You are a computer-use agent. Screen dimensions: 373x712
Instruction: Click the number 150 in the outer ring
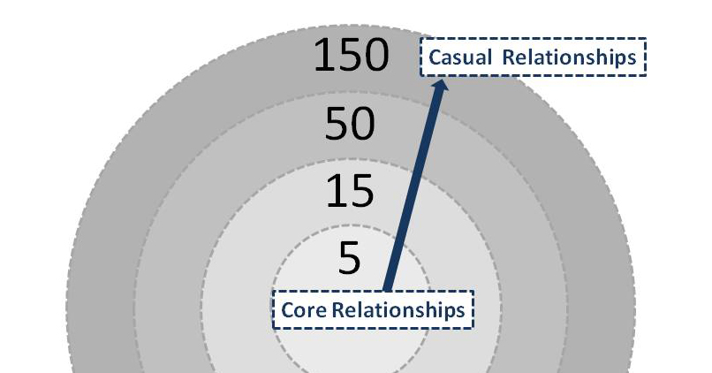coord(351,57)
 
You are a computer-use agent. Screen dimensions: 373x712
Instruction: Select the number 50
coord(350,125)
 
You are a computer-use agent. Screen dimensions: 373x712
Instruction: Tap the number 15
coord(350,191)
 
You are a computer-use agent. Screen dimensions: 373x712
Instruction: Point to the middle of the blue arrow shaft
coord(414,186)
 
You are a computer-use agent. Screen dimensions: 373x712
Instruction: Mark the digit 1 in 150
coord(323,57)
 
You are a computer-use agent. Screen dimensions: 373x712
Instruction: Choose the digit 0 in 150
coord(375,57)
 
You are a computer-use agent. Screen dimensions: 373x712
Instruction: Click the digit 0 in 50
coord(362,125)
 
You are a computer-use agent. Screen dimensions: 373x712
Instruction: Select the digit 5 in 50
coord(337,125)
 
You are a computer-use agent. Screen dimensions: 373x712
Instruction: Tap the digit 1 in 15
coord(335,191)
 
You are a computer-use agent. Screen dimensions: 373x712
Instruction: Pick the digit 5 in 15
coord(362,191)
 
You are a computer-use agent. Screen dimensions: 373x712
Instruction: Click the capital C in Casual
coord(435,57)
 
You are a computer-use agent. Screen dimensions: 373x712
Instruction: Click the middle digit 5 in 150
coord(349,57)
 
